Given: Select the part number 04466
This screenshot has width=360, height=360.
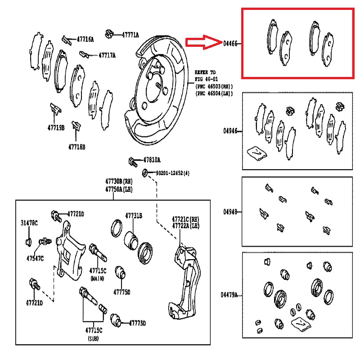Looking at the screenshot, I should [x=230, y=44].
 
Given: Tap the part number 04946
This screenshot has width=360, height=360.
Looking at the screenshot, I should [x=230, y=131].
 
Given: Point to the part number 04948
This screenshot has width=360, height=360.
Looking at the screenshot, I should [x=230, y=211].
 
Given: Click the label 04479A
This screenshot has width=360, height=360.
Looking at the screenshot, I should [x=229, y=295].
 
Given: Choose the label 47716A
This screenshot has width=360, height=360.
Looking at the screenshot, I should [x=85, y=40].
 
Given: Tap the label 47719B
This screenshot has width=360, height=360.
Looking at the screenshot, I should [x=57, y=127].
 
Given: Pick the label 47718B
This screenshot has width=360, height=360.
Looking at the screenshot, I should [x=77, y=146].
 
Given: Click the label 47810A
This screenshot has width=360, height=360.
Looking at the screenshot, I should [x=152, y=160].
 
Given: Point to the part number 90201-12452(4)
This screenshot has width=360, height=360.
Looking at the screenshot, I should [x=173, y=173].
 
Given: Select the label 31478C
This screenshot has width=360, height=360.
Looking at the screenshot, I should [x=29, y=223].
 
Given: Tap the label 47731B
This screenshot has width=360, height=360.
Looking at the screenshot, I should [x=134, y=216].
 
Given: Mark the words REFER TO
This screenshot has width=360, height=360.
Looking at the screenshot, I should [x=205, y=72].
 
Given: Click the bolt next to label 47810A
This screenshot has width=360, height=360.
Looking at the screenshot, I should [x=131, y=160].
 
